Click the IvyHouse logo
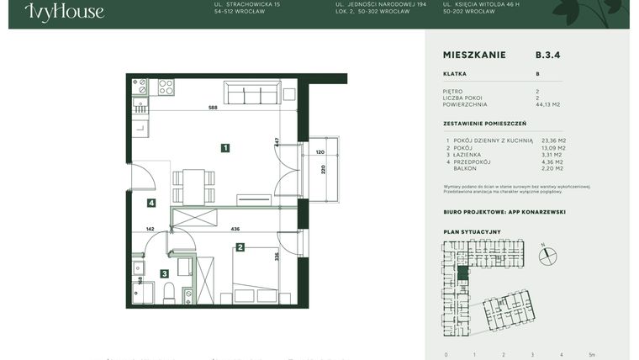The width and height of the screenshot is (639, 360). [65, 11]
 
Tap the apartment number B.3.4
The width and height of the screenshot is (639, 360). [547, 55]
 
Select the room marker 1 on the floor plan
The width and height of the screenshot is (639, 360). [225, 148]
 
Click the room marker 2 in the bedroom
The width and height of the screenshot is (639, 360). [240, 247]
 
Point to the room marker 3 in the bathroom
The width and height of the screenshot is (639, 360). [165, 273]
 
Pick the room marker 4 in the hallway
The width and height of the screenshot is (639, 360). [151, 203]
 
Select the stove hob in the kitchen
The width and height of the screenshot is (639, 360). [166, 87]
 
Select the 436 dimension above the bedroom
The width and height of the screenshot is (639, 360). [235, 229]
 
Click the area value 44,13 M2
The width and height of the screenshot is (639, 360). [548, 105]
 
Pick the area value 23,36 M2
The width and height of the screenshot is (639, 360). [553, 140]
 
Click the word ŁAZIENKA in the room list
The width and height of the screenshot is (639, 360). [467, 155]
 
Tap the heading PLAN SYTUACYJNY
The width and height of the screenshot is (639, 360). [472, 231]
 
